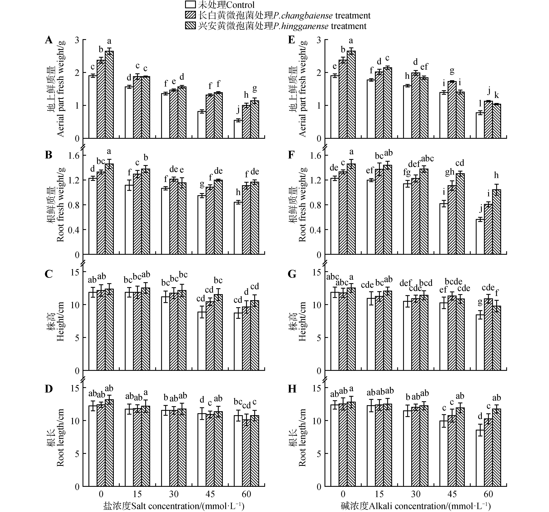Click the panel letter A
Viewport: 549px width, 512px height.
tap(49, 40)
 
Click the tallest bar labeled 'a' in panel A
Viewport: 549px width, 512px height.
tap(109, 95)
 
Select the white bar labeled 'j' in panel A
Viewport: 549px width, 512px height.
tap(238, 129)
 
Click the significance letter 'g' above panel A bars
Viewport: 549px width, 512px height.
tap(255, 89)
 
